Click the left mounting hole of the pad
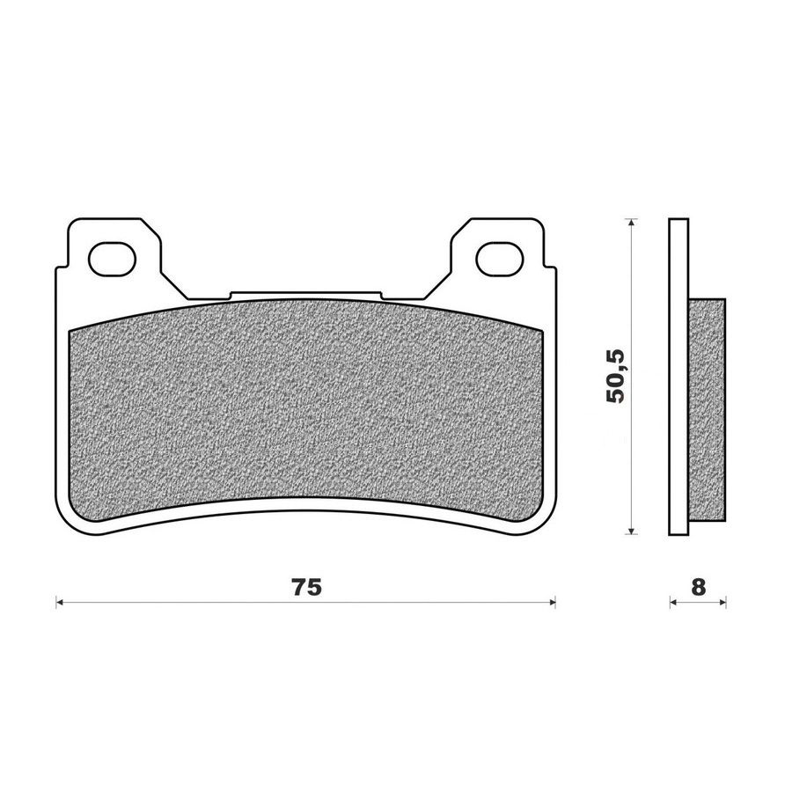[x=112, y=259]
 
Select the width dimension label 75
[x=306, y=588]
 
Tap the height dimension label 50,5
[x=616, y=376]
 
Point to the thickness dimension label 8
[x=698, y=588]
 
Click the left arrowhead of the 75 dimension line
[x=59, y=602]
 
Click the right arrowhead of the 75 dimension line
[x=552, y=602]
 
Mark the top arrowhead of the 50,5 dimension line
[x=630, y=223]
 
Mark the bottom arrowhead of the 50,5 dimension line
[x=630, y=530]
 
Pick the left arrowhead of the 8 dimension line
[x=673, y=602]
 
